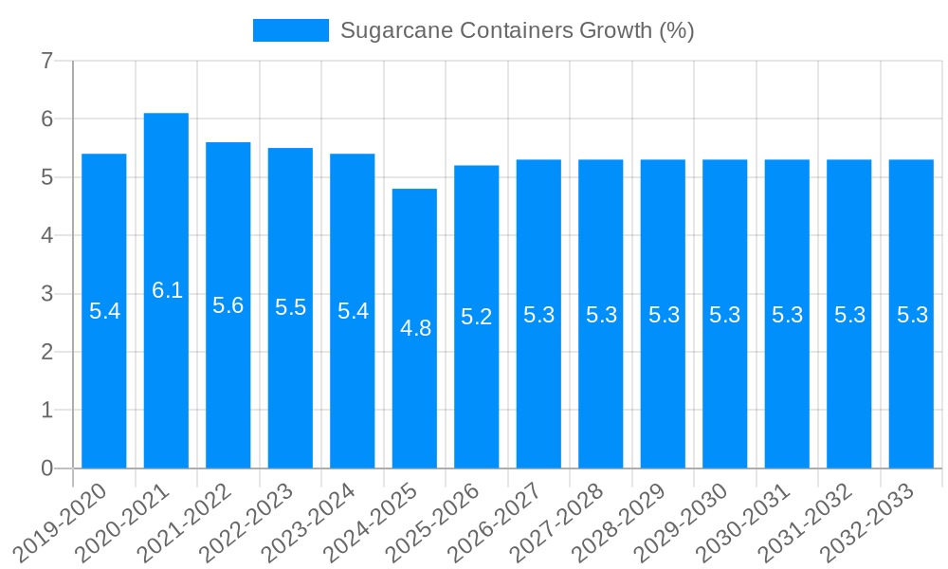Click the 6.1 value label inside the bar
(167, 290)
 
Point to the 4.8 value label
(415, 328)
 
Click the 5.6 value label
(228, 305)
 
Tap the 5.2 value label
(476, 317)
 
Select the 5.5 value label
(290, 307)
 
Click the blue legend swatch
(290, 30)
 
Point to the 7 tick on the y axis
(46, 62)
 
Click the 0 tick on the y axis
(46, 468)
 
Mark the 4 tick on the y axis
(46, 235)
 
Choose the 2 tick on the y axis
(46, 352)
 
